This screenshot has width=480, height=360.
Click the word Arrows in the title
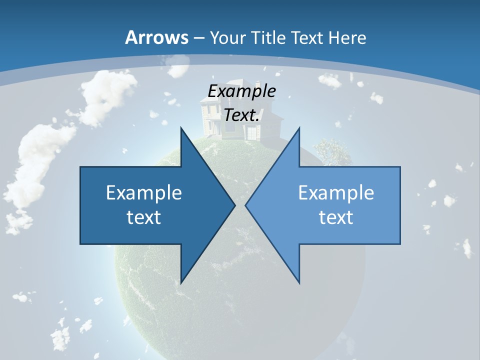[x=157, y=37]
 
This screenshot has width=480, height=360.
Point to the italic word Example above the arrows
[x=242, y=91]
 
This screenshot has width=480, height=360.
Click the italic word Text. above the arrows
[x=242, y=115]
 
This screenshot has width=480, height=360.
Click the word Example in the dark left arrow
[x=144, y=193]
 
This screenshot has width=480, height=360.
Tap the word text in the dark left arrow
[x=144, y=217]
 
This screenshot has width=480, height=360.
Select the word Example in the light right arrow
[x=336, y=193]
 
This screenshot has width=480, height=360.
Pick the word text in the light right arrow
[x=336, y=217]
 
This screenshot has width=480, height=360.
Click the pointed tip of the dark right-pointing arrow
[x=234, y=205]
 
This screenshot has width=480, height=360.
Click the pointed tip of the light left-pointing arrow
[x=246, y=205]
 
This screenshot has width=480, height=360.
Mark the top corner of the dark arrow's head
[x=181, y=128]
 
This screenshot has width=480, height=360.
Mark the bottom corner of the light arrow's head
[x=299, y=282]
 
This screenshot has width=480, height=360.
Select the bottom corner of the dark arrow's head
[x=181, y=282]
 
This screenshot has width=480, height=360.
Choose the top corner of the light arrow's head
[x=299, y=128]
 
